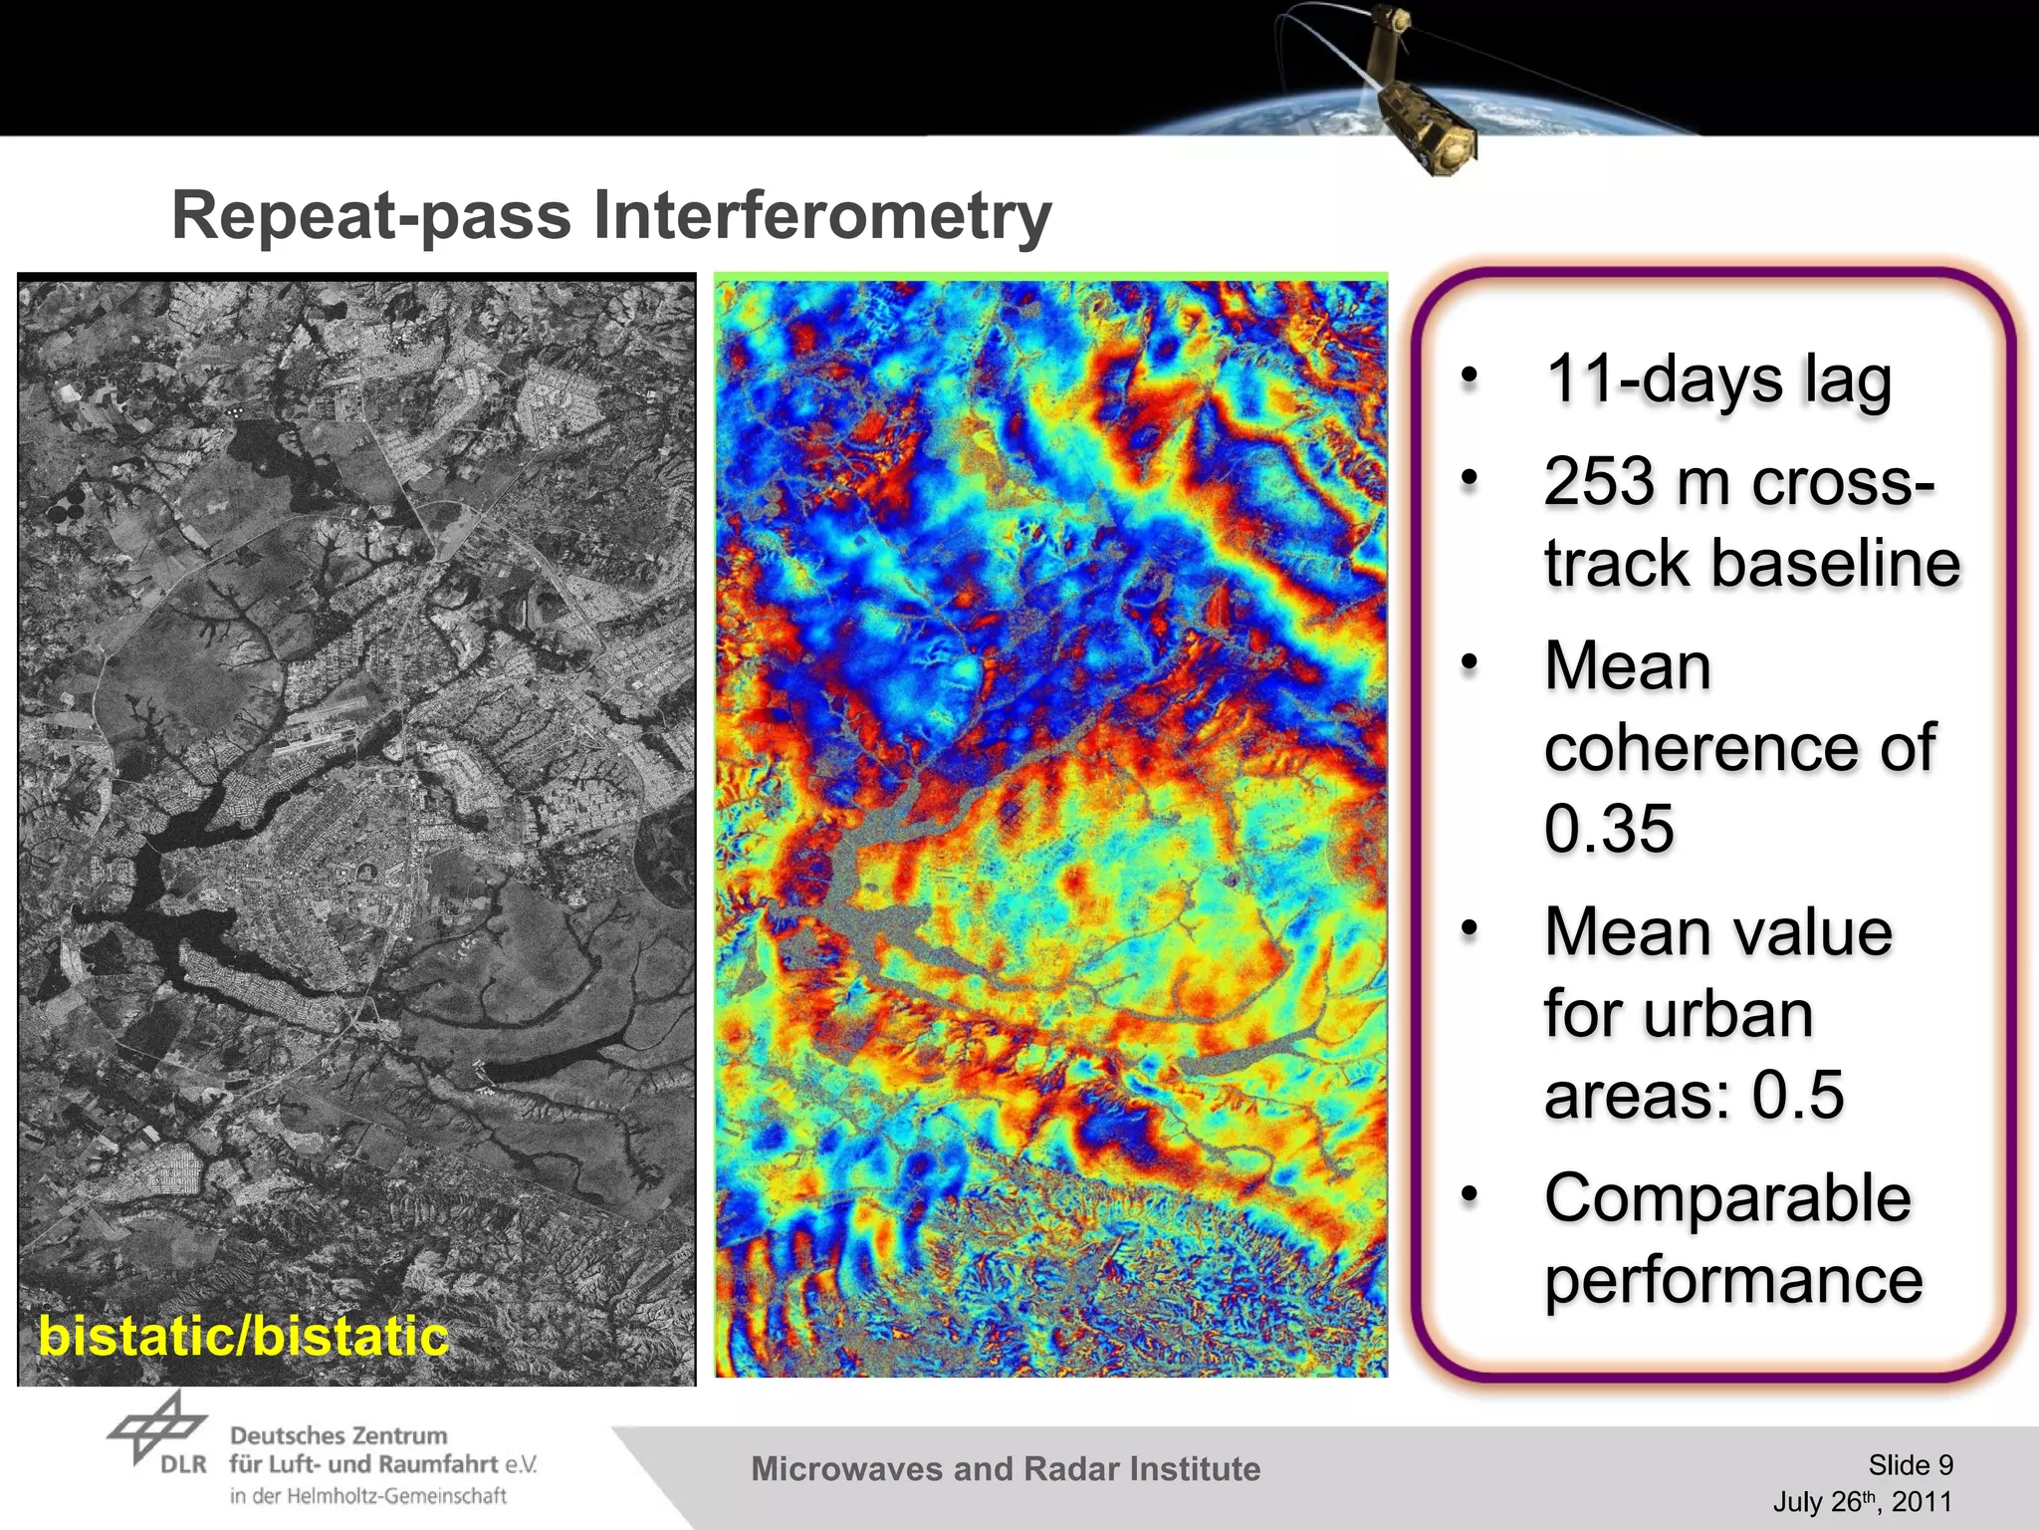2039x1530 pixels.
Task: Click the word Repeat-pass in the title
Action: coord(370,216)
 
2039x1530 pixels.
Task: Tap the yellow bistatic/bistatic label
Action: coord(243,1336)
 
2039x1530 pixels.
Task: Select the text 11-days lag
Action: coord(1717,381)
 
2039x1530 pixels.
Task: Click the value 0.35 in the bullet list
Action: coord(1609,828)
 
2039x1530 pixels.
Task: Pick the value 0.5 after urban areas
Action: coord(1798,1094)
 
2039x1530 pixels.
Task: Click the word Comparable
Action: coord(1727,1197)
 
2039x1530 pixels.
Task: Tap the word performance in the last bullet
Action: coord(1733,1280)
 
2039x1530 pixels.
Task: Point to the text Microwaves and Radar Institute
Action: coord(1006,1469)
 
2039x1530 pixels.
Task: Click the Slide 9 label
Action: coord(1910,1465)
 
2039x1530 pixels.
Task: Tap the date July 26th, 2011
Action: coord(1862,1502)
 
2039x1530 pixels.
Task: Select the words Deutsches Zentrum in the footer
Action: coord(339,1435)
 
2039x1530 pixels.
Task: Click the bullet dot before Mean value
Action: coord(1470,928)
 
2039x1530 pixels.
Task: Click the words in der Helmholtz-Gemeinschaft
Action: coord(368,1496)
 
